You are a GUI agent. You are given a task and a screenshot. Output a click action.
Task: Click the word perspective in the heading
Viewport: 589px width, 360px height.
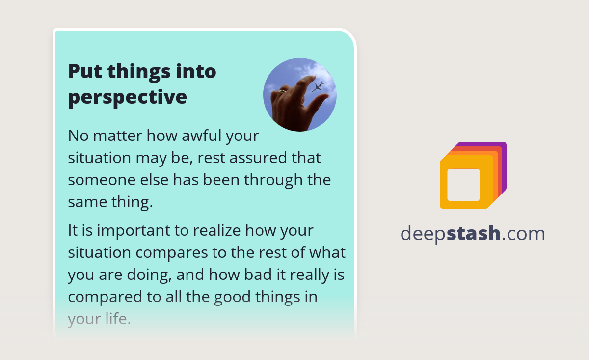127,97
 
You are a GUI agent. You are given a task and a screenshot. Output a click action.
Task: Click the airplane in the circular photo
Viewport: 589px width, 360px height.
317,87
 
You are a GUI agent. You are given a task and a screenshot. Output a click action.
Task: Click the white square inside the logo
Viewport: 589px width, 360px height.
463,185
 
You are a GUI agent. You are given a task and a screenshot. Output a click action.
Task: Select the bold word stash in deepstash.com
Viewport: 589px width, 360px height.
474,234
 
